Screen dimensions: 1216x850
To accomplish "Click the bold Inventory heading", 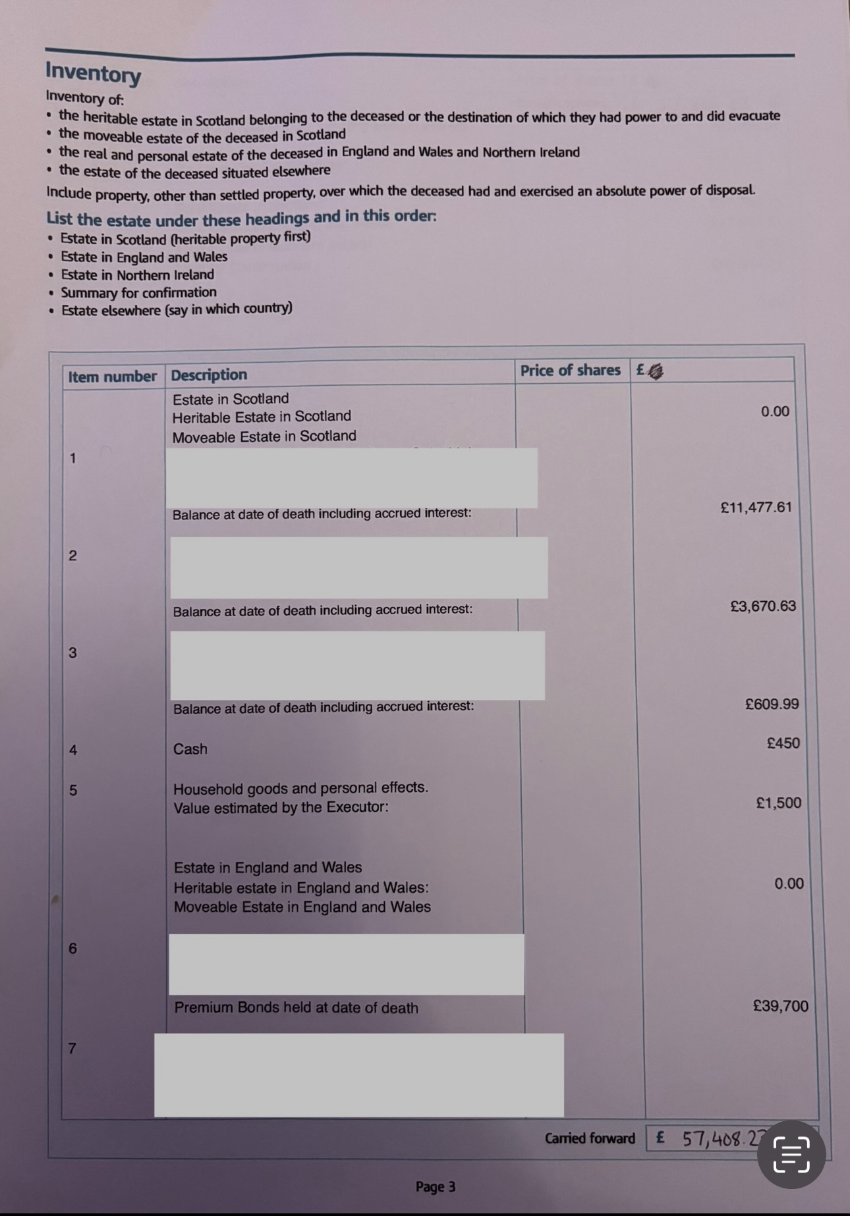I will (93, 72).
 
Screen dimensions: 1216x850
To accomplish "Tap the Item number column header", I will (112, 377).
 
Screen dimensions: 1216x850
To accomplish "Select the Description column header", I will (209, 375).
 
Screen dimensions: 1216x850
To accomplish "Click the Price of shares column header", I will (570, 370).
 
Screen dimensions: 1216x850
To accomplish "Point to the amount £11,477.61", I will (756, 507).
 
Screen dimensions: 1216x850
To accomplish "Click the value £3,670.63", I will (763, 606).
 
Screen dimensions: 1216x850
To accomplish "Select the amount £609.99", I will (772, 704).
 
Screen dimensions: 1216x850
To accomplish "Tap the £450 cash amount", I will (783, 743).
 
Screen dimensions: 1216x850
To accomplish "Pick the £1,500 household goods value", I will (778, 803).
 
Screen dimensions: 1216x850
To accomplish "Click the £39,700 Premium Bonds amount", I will (780, 1005).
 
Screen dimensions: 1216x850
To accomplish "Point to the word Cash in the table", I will (190, 749).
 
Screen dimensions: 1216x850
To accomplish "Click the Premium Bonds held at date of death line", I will (296, 1007).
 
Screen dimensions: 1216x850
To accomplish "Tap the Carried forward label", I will (590, 1138).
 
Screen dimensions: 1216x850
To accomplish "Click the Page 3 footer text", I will (435, 1186).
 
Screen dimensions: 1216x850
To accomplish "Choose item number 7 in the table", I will (72, 1047).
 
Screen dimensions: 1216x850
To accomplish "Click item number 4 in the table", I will (72, 750).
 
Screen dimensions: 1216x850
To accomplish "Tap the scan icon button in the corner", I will (791, 1154).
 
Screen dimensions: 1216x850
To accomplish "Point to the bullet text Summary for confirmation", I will (138, 292).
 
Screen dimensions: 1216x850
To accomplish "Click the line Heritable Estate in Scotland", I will (262, 416).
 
